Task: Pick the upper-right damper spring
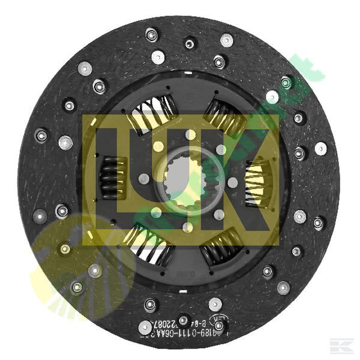coord(223,117)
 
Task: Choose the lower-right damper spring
coord(221,246)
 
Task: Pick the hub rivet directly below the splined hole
coord(188,227)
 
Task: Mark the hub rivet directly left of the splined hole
coord(145,178)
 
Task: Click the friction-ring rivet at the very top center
coord(190,43)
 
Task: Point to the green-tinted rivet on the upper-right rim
coord(287,82)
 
